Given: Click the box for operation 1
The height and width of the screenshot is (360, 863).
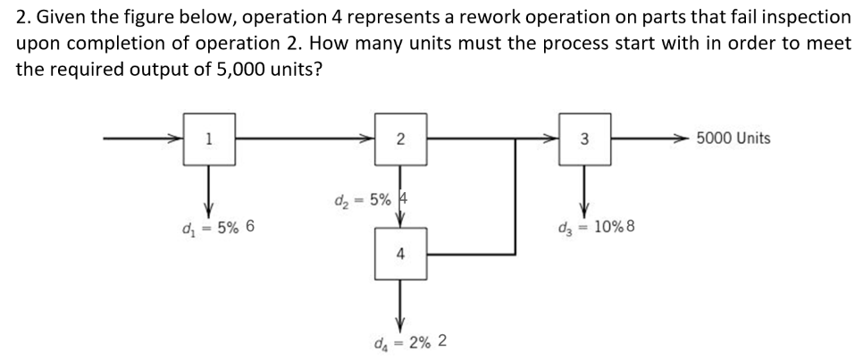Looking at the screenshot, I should click(209, 138).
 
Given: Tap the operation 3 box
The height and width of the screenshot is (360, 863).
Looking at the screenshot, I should click(583, 138).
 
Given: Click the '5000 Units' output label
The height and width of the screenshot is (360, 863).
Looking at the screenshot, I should click(733, 138).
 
